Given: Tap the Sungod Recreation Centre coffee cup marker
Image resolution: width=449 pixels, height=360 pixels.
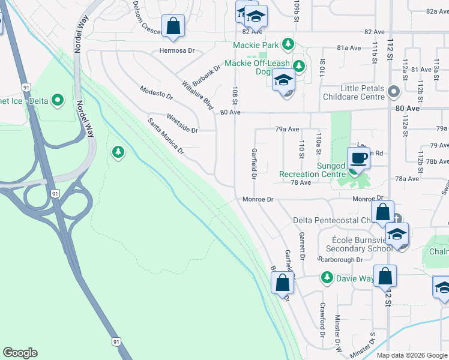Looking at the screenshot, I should pos(358,158).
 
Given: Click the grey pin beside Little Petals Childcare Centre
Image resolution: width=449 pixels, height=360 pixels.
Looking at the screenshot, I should pos(394,92).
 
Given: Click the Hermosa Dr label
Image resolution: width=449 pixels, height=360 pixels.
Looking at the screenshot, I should pos(177,51).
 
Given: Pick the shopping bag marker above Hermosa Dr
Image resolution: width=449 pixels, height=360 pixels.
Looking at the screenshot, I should pos(173,26).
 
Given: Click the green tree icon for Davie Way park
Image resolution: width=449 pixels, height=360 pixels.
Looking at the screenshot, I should pos(327,277).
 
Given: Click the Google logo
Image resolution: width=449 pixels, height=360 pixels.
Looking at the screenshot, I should pos(20,353).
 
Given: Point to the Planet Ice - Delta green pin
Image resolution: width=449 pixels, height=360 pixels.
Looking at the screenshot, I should pos(58,99).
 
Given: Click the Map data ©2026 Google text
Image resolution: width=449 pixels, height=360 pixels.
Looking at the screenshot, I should pos(412,355).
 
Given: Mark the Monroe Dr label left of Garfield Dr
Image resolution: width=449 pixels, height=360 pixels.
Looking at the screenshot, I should pos(258,199).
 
